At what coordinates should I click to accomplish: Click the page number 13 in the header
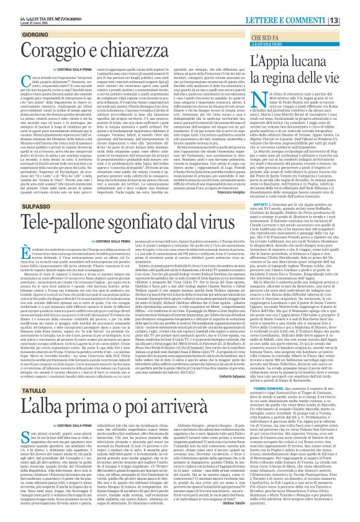351,6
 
